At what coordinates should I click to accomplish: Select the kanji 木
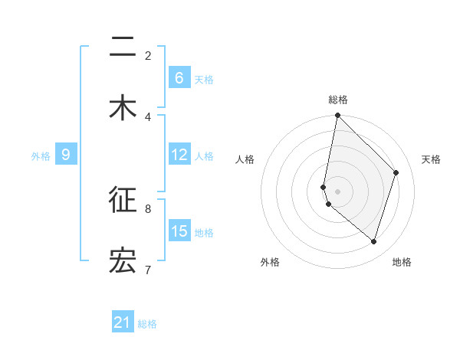pos(123,108)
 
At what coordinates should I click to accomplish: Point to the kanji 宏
pos(123,260)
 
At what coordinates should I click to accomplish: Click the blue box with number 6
pos(179,77)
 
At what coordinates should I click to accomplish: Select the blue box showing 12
pos(179,155)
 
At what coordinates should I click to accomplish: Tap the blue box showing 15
pos(179,231)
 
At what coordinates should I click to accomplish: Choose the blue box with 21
pos(123,322)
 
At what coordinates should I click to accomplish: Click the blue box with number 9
pos(66,155)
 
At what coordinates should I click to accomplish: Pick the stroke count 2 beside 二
pos(148,55)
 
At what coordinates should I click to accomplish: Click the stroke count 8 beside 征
pos(148,208)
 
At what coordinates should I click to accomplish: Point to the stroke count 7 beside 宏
pos(148,269)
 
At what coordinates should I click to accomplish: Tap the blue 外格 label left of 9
pos(41,155)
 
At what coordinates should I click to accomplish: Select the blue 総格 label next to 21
pos(147,324)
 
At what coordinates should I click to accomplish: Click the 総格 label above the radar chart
pos(338,100)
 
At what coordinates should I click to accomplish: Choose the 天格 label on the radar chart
pos(431,159)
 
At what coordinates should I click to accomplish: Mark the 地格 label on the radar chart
pos(402,262)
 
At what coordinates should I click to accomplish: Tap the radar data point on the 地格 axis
pos(374,241)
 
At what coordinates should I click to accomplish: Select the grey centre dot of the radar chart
pos(338,191)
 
